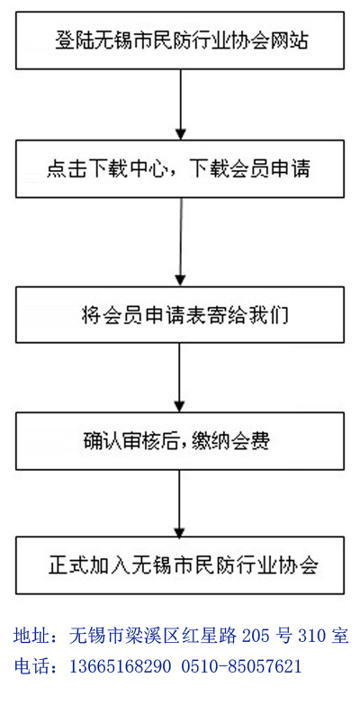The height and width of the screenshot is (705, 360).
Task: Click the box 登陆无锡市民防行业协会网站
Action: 180,41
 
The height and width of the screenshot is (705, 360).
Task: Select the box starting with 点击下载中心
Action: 180,169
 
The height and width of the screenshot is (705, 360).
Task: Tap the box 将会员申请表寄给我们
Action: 180,315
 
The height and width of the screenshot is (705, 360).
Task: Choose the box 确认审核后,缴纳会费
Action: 180,441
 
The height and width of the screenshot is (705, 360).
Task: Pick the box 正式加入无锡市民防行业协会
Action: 180,565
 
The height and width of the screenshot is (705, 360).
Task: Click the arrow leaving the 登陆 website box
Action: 180,104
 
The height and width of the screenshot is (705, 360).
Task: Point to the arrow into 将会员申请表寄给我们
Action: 180,242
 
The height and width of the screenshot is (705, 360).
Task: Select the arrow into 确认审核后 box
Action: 180,377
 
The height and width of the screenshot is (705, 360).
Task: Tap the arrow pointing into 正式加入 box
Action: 180,503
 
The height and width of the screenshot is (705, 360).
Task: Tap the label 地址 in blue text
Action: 29,637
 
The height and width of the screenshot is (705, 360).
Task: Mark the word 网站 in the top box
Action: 293,41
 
